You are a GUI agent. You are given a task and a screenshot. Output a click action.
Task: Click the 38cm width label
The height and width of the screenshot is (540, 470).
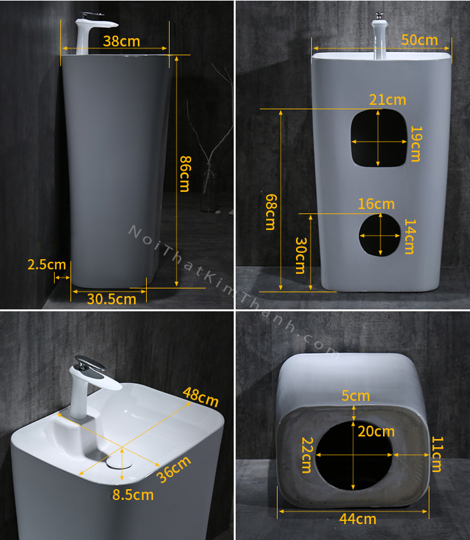pyautogui.click(x=121, y=41)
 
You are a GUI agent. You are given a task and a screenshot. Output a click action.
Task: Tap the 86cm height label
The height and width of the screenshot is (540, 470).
pyautogui.click(x=185, y=174)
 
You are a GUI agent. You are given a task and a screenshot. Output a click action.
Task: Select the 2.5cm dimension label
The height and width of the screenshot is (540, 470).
pyautogui.click(x=47, y=264)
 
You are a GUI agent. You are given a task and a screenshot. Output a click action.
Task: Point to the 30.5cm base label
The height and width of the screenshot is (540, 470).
pyautogui.click(x=112, y=299)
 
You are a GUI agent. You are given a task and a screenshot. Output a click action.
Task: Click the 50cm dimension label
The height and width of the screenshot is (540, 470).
pyautogui.click(x=419, y=40)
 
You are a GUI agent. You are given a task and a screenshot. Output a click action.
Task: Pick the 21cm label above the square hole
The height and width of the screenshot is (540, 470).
pyautogui.click(x=387, y=100)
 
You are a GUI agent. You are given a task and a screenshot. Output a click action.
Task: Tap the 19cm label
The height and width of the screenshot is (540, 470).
pyautogui.click(x=416, y=144)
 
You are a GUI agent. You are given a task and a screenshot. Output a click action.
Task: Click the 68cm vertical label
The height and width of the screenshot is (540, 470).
pyautogui.click(x=271, y=212)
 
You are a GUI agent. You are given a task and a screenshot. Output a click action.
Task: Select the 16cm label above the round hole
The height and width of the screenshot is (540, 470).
pyautogui.click(x=376, y=204)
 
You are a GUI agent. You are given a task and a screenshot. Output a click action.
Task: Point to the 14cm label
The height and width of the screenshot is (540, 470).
pyautogui.click(x=410, y=236)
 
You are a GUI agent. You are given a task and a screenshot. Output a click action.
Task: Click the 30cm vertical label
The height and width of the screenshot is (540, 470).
pyautogui.click(x=301, y=255)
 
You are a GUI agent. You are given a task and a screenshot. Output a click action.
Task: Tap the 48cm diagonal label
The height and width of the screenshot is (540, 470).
pyautogui.click(x=201, y=397)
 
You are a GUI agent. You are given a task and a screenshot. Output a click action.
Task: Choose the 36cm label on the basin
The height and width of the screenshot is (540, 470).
pyautogui.click(x=173, y=469)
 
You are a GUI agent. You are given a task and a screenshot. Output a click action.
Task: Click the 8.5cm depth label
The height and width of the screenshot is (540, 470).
pyautogui.click(x=133, y=495)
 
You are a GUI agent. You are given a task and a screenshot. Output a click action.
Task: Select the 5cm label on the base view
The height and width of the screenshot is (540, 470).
pyautogui.click(x=356, y=396)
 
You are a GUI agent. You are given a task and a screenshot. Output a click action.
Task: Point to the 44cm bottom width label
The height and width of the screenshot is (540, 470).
pyautogui.click(x=358, y=518)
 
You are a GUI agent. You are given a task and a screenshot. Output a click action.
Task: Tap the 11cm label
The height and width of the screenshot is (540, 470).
pyautogui.click(x=437, y=454)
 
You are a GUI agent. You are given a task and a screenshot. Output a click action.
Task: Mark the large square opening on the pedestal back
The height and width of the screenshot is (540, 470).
pyautogui.click(x=379, y=138)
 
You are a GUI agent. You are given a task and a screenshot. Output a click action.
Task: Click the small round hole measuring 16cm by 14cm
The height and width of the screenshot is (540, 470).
pyautogui.click(x=380, y=235)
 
